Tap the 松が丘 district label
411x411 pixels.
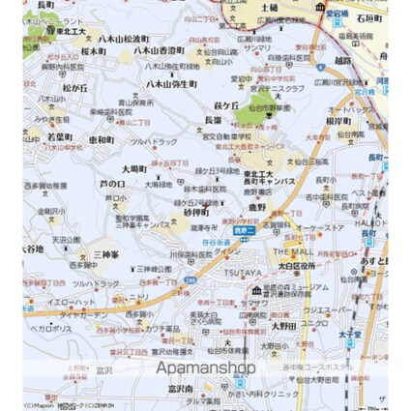75,87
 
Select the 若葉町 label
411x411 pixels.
60,138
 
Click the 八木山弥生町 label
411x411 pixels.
171,84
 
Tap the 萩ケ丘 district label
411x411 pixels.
225,105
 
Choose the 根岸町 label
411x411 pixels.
338,121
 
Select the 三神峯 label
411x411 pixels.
106,254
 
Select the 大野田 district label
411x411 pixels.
283,326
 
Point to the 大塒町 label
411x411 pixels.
134,168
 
